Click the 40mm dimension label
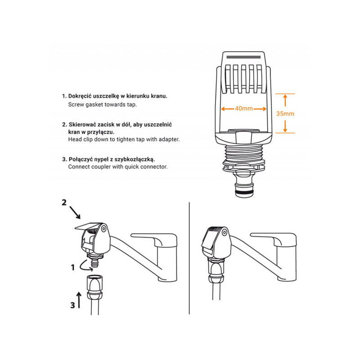coord(243,108)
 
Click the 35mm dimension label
coord(285,114)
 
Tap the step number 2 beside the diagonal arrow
coord(64,202)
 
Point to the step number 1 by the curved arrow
coord(73,267)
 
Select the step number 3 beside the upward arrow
coord(72,305)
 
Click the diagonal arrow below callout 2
coord(75,212)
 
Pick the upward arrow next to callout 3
coord(79,300)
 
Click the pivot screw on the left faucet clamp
coord(103,229)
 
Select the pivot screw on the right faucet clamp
coord(224,233)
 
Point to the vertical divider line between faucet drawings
coord(189,258)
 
